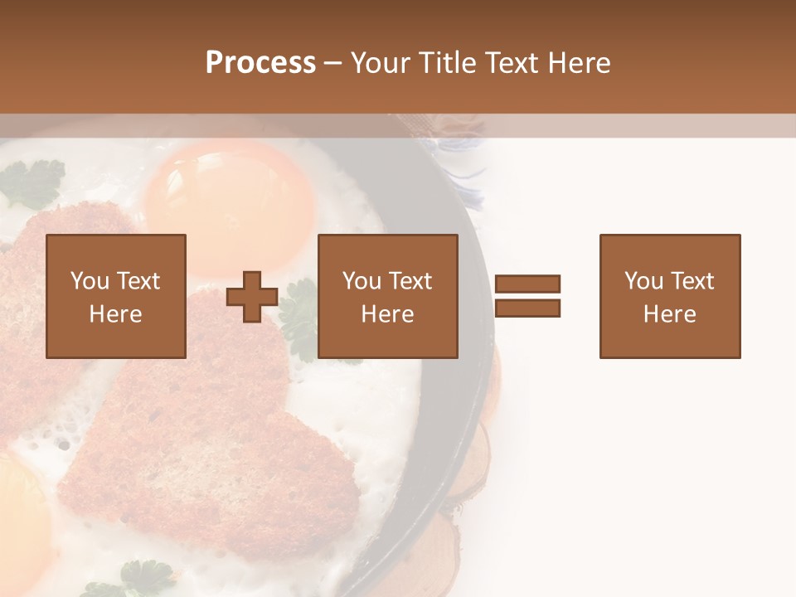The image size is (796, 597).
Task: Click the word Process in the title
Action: pyautogui.click(x=260, y=63)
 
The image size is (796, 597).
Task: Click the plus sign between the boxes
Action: pyautogui.click(x=252, y=296)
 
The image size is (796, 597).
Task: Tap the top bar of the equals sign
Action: pyautogui.click(x=527, y=284)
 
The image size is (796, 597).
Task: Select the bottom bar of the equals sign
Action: pyautogui.click(x=527, y=308)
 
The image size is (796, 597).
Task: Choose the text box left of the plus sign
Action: pyautogui.click(x=116, y=296)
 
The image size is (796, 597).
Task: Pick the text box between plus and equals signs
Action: pyautogui.click(x=388, y=296)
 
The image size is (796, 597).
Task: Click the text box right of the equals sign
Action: pyautogui.click(x=670, y=296)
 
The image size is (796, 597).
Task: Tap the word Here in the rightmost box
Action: pyautogui.click(x=669, y=314)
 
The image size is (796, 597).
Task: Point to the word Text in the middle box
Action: pyautogui.click(x=411, y=281)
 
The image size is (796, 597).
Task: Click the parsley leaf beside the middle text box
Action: pyautogui.click(x=298, y=319)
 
